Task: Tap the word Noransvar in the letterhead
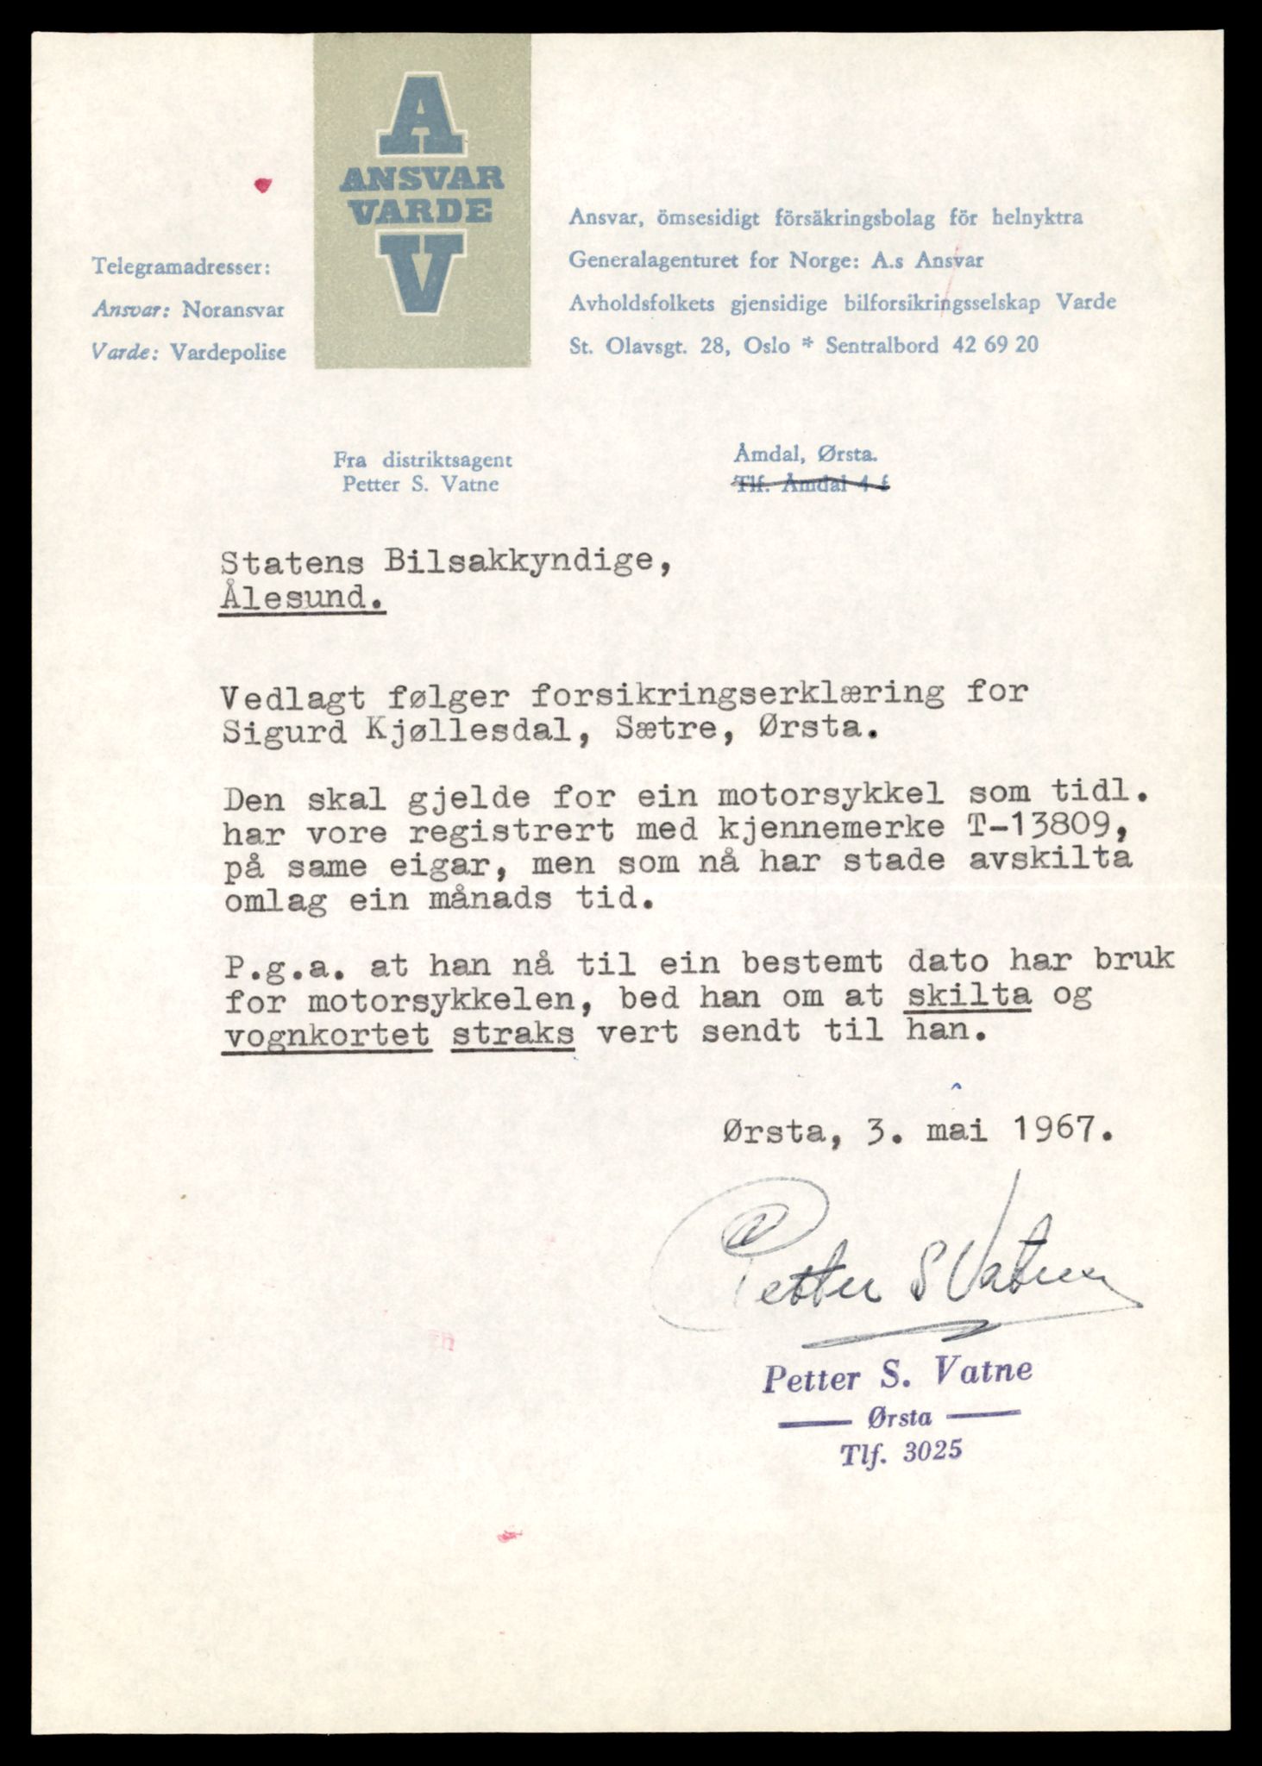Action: click(233, 310)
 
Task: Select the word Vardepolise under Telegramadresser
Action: click(228, 352)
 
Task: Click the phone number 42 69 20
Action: click(995, 346)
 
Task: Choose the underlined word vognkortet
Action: click(326, 1031)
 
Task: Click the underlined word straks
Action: click(512, 1031)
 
